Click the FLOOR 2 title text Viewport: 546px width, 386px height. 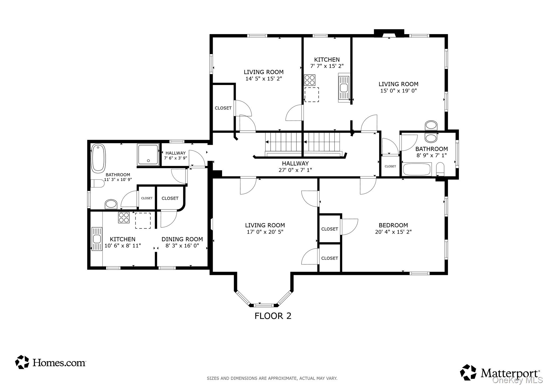coord(273,316)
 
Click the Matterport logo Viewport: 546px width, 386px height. coord(500,372)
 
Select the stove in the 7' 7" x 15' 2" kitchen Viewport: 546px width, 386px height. coord(310,80)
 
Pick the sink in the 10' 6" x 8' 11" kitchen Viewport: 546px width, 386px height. coord(97,239)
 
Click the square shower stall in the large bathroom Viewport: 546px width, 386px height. coord(148,155)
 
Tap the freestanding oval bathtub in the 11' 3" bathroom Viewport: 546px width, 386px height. coord(98,158)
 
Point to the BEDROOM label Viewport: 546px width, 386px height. coord(393,225)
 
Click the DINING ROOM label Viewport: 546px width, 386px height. coord(182,239)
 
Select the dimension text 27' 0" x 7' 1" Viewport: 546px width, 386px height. coord(295,170)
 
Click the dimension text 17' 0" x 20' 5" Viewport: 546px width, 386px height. coord(265,232)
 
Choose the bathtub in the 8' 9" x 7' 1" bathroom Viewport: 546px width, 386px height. coord(417,170)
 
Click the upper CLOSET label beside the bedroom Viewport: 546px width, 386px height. coord(330,229)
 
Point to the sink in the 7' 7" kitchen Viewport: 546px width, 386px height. coord(344,88)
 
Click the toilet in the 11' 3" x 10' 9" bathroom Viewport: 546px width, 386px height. coord(97,183)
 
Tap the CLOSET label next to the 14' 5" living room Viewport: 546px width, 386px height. coord(223,108)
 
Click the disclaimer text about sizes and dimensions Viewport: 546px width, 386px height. coord(272,378)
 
